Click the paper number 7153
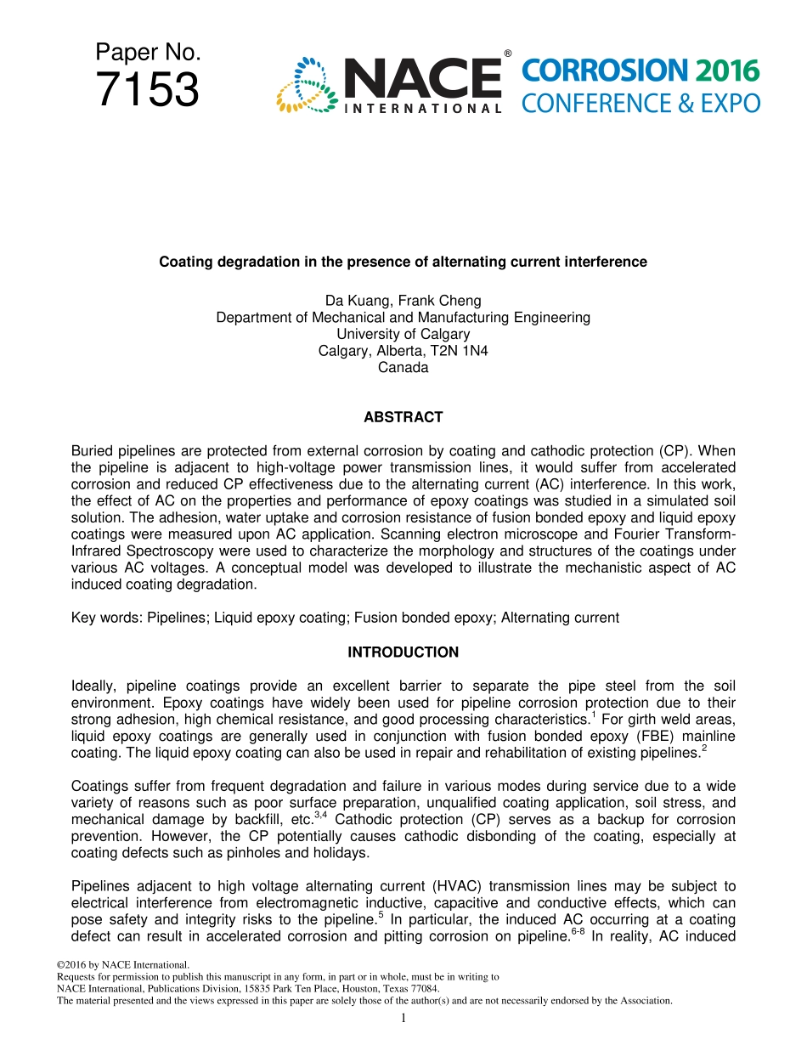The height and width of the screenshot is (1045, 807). coord(148,90)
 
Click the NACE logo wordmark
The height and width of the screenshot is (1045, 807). coord(422,80)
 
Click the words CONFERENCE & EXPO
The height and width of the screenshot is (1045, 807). coord(641,104)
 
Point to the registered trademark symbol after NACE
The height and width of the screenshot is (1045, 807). coord(507,54)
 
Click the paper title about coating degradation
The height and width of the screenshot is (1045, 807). coord(403,262)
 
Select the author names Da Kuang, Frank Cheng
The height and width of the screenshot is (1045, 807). coord(403,301)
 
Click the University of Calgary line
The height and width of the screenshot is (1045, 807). coord(403,334)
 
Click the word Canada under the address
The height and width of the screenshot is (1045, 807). coord(403,368)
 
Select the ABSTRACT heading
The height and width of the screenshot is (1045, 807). coord(403,417)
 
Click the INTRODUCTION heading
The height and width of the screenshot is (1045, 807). coord(403,652)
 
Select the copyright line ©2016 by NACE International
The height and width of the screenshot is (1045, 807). coord(121,964)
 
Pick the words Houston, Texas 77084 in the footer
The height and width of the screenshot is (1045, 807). coord(391,989)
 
